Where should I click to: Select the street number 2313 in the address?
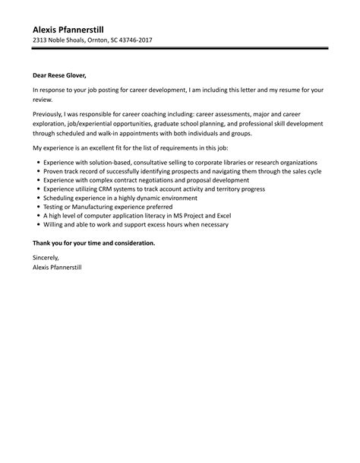click(41, 40)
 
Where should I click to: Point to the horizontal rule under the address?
click(180, 49)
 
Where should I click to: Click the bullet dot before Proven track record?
click(37, 173)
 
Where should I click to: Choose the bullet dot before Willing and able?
click(37, 225)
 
